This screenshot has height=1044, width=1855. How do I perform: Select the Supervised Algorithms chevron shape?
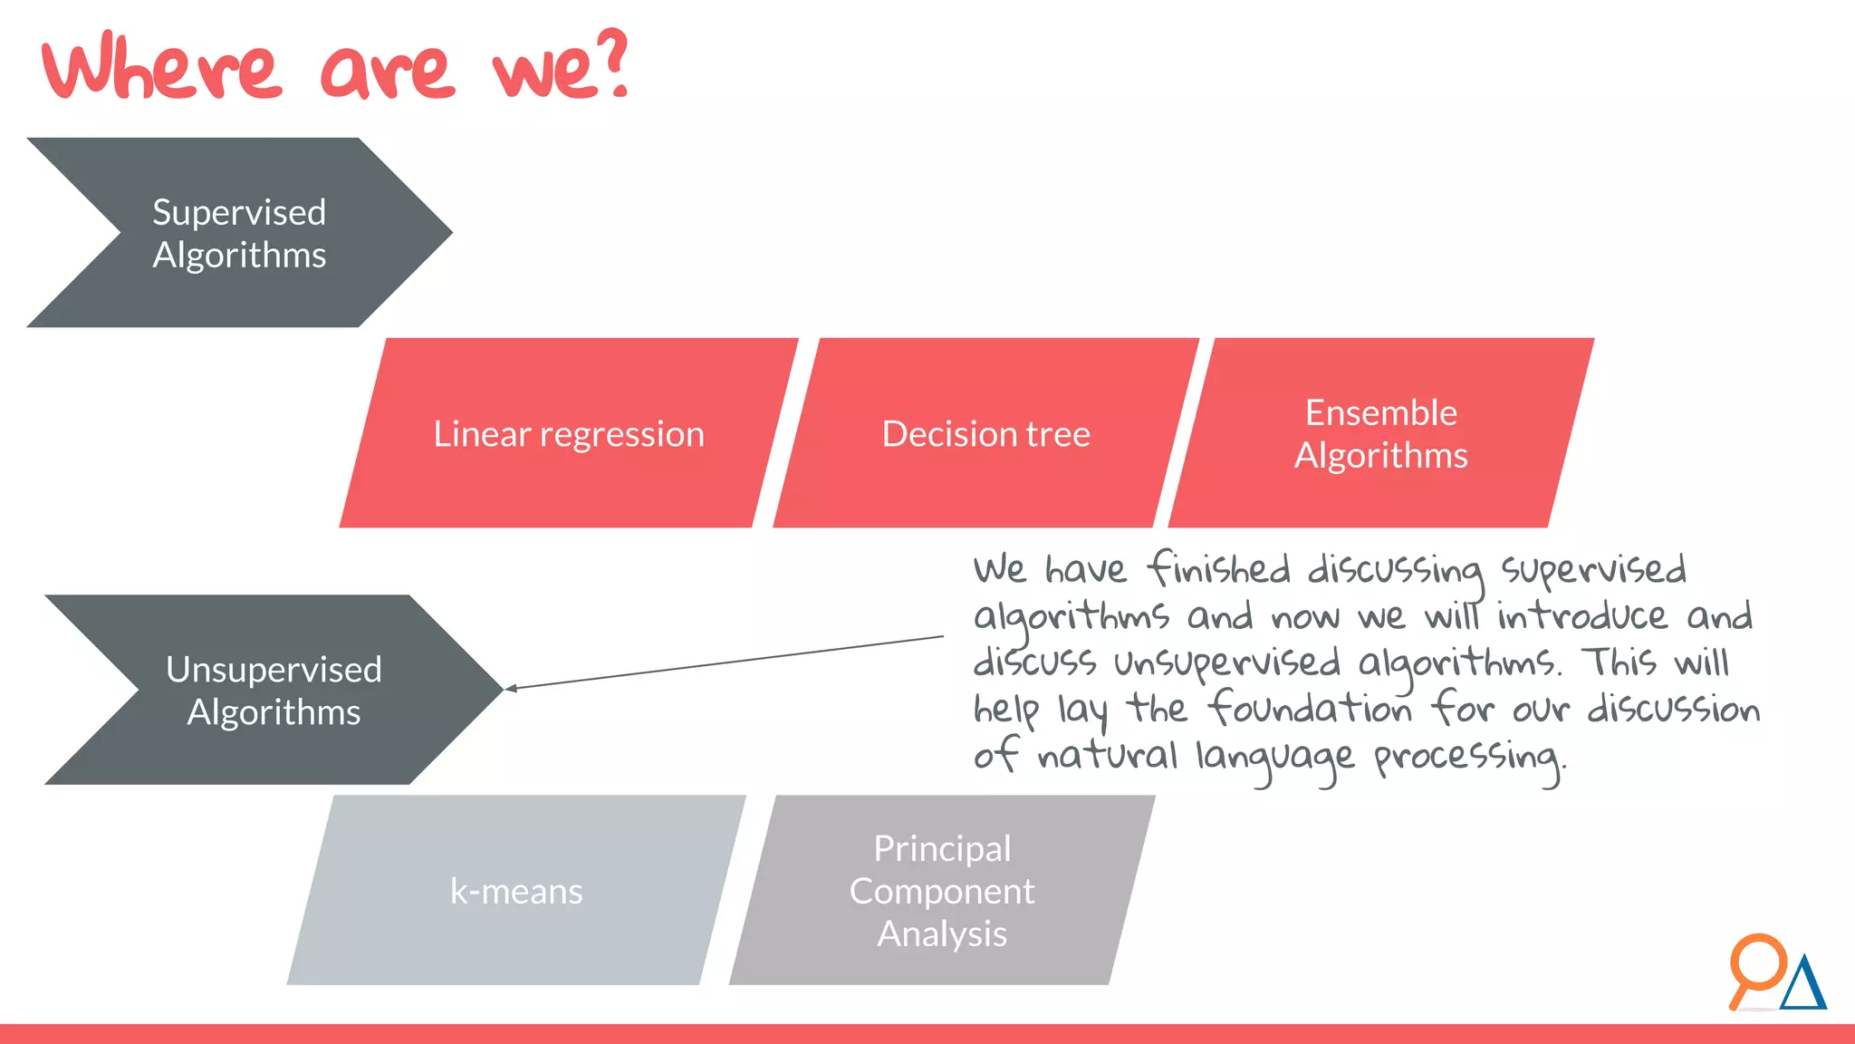tap(239, 233)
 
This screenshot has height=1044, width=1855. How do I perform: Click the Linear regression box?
tap(568, 433)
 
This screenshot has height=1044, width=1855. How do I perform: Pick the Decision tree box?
tap(985, 433)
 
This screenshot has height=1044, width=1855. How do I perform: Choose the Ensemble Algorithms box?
tap(1380, 433)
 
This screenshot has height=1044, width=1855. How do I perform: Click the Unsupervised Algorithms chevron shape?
tap(274, 690)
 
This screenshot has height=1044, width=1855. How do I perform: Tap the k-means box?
tap(516, 891)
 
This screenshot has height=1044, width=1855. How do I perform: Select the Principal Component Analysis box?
tap(942, 891)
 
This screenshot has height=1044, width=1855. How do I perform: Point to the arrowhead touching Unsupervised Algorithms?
tap(510, 689)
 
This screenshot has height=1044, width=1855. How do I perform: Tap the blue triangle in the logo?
tap(1803, 986)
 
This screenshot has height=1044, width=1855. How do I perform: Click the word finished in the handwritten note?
tap(1219, 569)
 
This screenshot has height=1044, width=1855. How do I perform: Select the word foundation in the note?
tap(1311, 708)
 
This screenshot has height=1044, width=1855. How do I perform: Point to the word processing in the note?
tap(1467, 757)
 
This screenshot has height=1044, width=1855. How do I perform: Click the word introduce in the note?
tap(1581, 616)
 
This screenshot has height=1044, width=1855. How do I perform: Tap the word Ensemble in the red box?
tap(1380, 412)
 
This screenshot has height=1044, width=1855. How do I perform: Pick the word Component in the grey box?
tap(942, 891)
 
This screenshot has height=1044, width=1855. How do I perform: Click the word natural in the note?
tap(1107, 755)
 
